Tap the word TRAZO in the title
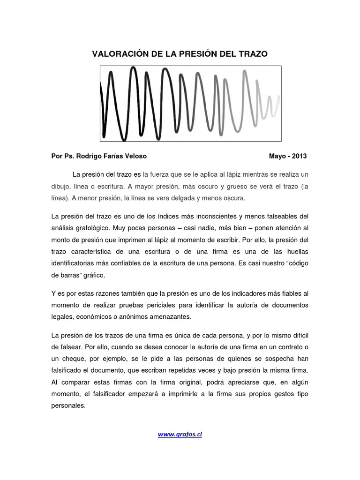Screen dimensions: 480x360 coord(253,54)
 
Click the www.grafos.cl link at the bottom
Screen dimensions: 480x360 coord(180,434)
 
